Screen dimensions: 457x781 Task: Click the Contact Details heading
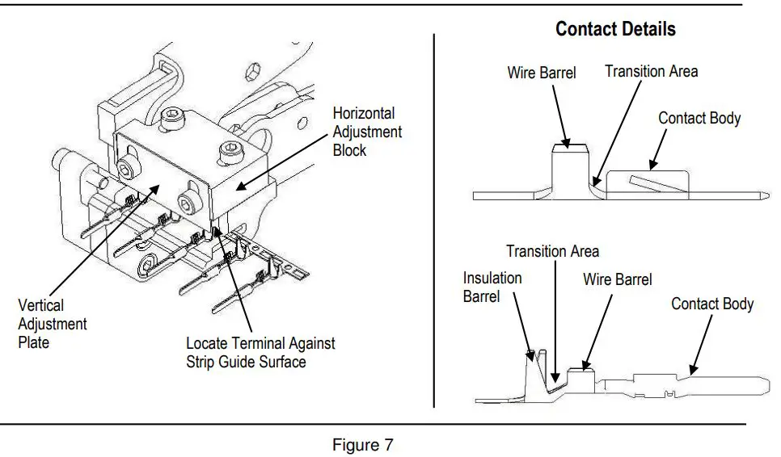pos(615,30)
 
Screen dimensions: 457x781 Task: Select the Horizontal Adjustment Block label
pos(367,132)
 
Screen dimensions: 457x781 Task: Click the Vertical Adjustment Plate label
pos(52,324)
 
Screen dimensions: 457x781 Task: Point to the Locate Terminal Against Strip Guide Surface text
pos(260,352)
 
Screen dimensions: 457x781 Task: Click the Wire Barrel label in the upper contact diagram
pos(542,73)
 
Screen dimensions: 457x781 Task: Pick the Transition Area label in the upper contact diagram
pos(651,71)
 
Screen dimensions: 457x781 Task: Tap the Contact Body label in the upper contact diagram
pos(699,118)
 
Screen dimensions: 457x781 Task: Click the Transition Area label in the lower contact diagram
pos(553,251)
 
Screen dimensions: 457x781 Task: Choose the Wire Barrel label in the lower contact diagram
pos(617,279)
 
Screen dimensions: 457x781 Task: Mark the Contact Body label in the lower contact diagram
pos(712,304)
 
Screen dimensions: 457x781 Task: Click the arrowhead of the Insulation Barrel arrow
pos(531,353)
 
